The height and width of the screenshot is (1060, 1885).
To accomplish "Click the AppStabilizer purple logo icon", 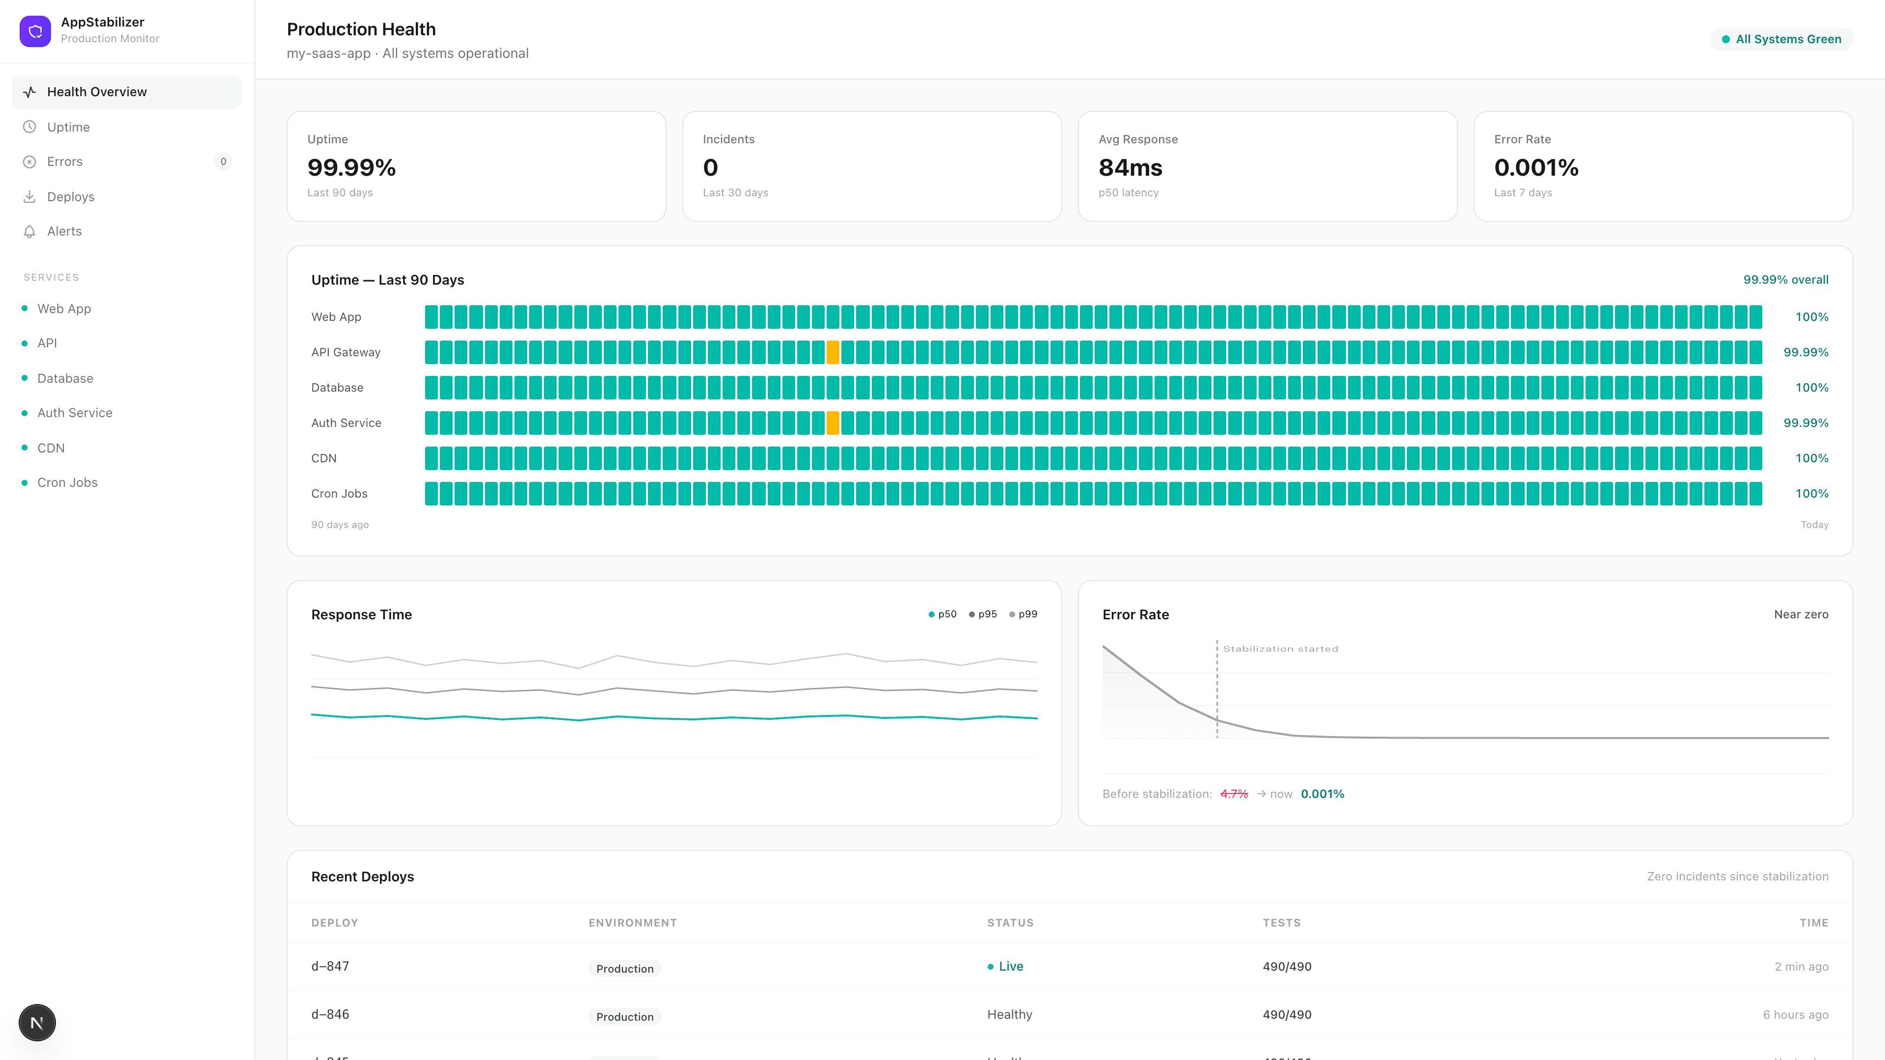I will coord(35,31).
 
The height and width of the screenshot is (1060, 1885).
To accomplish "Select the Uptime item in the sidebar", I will coord(68,127).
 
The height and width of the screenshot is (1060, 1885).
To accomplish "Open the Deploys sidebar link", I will coord(70,196).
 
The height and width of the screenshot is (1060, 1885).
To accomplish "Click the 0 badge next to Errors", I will coord(223,161).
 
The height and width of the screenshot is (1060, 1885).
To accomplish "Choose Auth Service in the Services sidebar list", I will coord(75,413).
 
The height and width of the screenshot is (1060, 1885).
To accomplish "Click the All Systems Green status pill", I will coord(1781,39).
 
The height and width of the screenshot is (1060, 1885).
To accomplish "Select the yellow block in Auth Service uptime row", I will coord(833,423).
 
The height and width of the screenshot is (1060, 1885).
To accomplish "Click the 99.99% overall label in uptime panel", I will coord(1785,279).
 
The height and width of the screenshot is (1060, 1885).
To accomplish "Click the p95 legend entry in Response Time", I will coord(983,614).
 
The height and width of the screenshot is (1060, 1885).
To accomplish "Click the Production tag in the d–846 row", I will coord(624,1016).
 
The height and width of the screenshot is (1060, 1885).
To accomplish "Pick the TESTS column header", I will coord(1281,923).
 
